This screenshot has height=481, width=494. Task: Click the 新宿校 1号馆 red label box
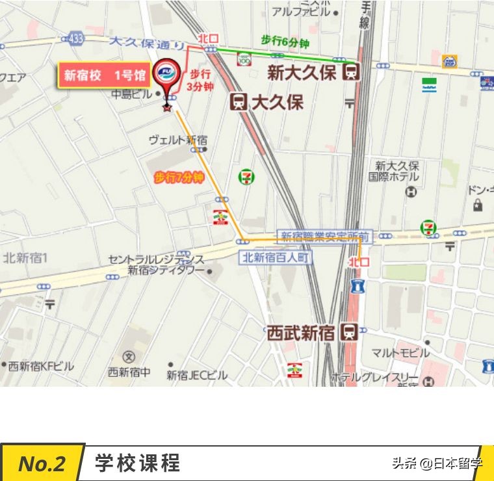104,76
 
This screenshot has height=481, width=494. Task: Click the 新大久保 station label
302,72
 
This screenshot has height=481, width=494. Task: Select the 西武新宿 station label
301,333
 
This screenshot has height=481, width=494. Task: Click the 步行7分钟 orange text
179,177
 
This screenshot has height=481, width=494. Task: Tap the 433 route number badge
77,39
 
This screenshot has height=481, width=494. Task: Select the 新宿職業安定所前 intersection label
325,236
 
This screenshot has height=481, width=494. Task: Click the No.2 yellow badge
42,463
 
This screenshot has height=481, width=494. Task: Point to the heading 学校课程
137,463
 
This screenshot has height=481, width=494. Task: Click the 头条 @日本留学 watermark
437,463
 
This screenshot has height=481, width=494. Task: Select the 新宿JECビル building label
197,375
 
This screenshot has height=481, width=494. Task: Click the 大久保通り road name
147,44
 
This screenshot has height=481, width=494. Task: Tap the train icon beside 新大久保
351,71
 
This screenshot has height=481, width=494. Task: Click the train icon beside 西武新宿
349,332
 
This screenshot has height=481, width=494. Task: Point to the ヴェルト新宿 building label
178,140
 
